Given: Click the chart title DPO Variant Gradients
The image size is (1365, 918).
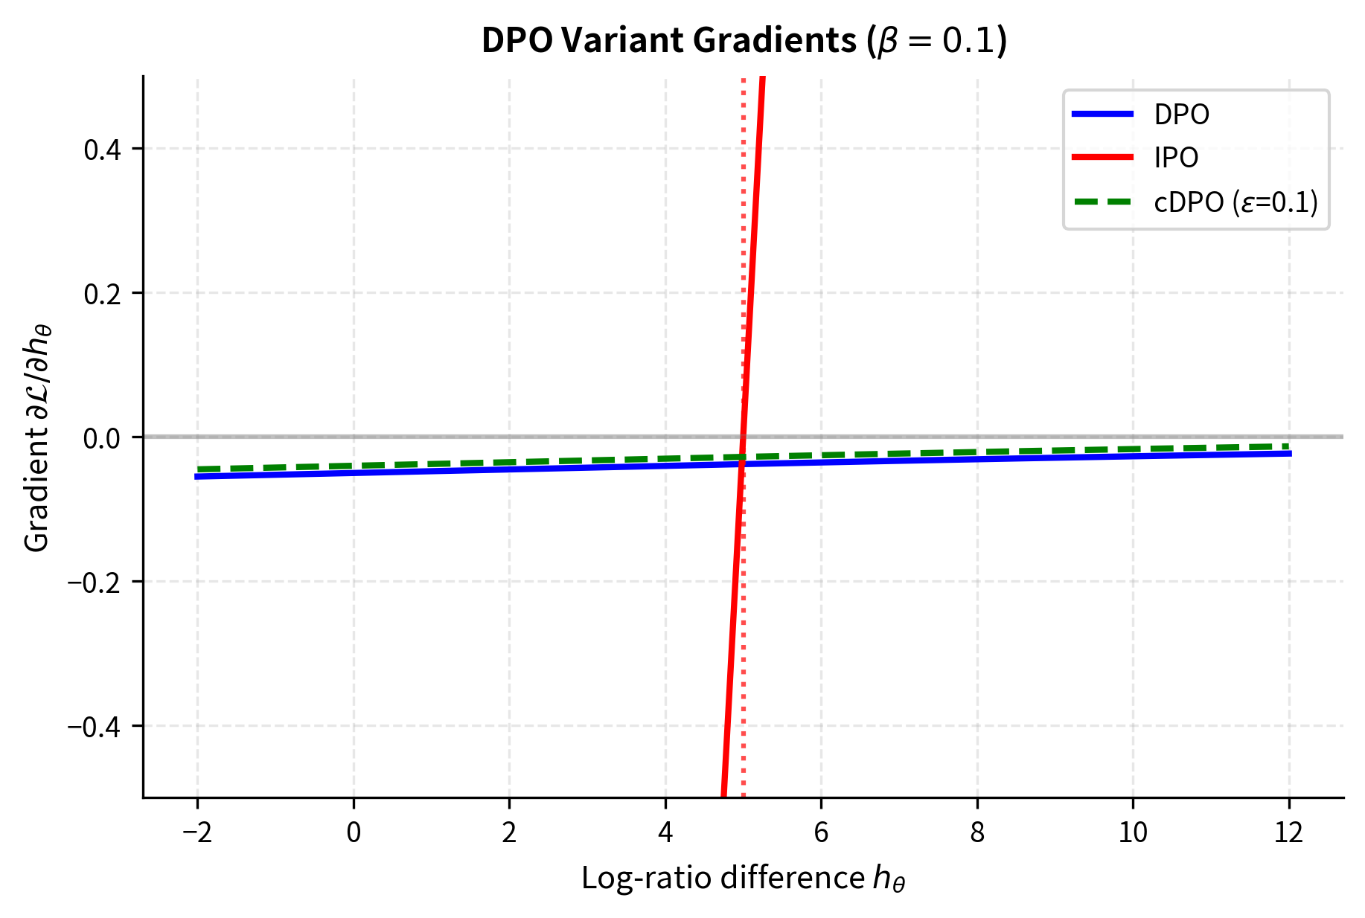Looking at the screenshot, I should [x=744, y=41].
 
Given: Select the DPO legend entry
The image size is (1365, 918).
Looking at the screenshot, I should [x=1181, y=115].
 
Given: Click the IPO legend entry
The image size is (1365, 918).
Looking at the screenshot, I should [x=1176, y=158].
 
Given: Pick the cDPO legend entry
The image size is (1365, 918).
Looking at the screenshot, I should [x=1235, y=202].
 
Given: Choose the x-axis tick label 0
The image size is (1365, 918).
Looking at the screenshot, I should [x=354, y=832].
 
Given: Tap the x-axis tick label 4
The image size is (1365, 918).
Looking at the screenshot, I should [x=665, y=832].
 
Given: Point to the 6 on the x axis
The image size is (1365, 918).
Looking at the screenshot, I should [x=821, y=832].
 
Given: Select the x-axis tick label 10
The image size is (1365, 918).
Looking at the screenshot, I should [x=1133, y=832].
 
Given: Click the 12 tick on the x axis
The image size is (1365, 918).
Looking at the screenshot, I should [x=1289, y=832].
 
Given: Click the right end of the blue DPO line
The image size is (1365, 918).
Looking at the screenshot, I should [x=1289, y=453].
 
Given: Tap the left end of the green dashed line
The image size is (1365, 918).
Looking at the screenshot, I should [x=198, y=469].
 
